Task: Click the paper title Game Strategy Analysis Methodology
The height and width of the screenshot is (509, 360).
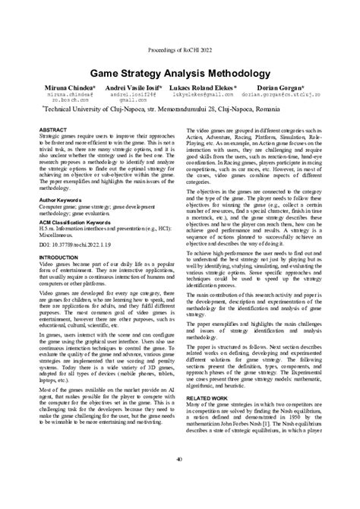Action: (x=180, y=75)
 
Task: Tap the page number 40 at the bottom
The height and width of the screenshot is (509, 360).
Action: (x=179, y=458)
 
